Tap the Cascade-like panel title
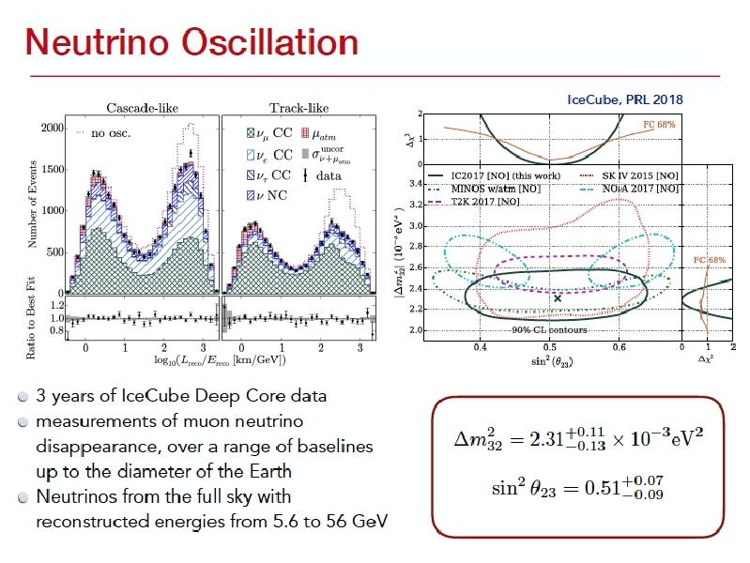pos(142,108)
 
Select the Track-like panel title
pos(298,108)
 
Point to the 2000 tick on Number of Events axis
pos(51,128)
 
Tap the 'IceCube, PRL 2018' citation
pos(625,99)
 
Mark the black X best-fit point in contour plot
pos(558,297)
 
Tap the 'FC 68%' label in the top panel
pos(658,124)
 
